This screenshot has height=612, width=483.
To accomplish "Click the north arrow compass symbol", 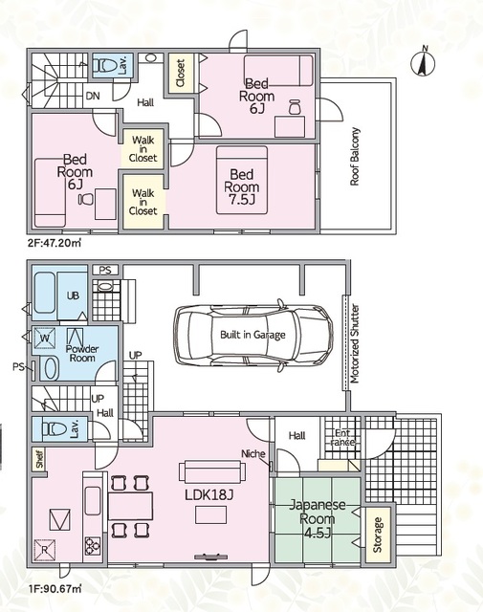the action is (x=424, y=62).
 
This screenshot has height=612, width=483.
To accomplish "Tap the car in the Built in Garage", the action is (x=253, y=335).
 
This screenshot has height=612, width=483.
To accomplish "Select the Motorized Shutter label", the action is (x=355, y=343).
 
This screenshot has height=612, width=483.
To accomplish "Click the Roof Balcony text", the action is (x=355, y=156).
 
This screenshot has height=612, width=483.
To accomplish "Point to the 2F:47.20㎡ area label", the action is (x=54, y=244).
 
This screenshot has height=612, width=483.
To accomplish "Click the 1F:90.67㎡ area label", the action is (x=54, y=588).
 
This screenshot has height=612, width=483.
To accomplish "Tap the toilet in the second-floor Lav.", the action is (x=106, y=65).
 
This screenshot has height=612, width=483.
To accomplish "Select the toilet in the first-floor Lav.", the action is (x=55, y=429).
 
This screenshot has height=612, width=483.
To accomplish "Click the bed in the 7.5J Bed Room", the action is (x=242, y=180).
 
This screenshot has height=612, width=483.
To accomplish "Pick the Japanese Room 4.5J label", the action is (x=317, y=518).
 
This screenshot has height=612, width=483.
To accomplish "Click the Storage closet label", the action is (x=377, y=535).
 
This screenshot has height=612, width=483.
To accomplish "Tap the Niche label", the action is (x=253, y=453).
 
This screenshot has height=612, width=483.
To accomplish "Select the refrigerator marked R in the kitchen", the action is (x=45, y=550).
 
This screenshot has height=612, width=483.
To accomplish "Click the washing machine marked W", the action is (x=45, y=338).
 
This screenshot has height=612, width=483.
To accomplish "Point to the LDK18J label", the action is (x=209, y=495).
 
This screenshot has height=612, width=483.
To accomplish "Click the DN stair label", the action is (x=93, y=96).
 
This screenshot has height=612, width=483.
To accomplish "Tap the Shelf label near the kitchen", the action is (x=39, y=459).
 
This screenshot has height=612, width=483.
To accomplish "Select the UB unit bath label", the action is (x=73, y=295).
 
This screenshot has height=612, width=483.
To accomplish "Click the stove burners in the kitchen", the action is (x=93, y=546).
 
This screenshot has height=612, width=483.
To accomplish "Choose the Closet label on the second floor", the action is (x=180, y=73).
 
